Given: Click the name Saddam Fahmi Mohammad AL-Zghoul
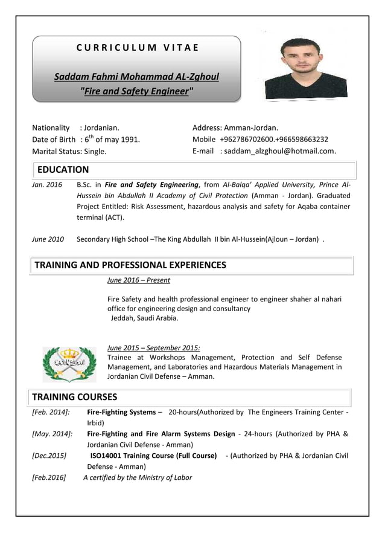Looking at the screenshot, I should (x=136, y=77).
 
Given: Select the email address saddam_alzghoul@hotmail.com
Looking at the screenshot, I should (x=279, y=151).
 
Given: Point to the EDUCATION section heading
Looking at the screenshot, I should (x=63, y=170).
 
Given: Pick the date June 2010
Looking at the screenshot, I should (x=48, y=239).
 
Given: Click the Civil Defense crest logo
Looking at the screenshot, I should (x=69, y=364).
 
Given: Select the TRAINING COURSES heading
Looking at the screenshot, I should (x=74, y=397).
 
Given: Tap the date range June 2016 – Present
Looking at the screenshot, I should (x=138, y=280).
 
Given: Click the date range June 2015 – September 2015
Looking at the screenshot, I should (x=153, y=347).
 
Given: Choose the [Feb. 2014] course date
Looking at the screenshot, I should (x=51, y=412).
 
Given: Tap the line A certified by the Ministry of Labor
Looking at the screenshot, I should (x=138, y=477).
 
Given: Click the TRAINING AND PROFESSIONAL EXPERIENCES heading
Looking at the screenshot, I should (x=130, y=265).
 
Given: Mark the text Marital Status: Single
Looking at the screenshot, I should (x=69, y=151).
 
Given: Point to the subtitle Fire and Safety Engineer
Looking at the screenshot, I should (x=137, y=92).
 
